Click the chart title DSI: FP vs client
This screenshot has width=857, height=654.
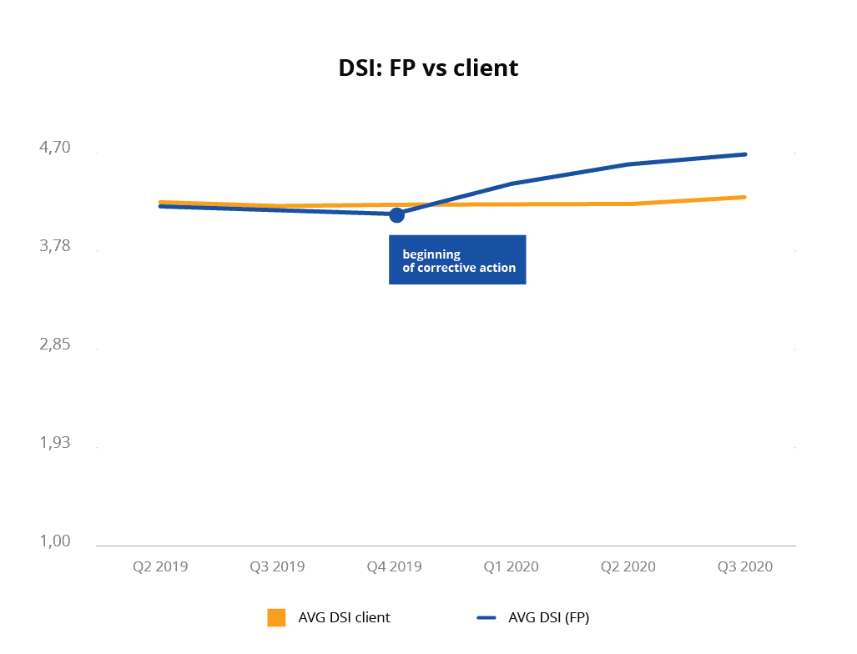tap(428, 68)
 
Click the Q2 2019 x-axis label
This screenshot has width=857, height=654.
tap(160, 566)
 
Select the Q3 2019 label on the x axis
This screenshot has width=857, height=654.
tap(277, 566)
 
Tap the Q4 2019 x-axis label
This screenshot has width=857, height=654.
tap(394, 566)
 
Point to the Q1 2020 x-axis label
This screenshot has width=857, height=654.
tap(512, 566)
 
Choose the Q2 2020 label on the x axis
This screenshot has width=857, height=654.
tap(628, 566)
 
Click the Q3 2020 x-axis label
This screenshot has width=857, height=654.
tap(745, 566)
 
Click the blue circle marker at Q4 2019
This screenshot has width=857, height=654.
tap(396, 214)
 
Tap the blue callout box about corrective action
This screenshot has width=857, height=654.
tap(457, 260)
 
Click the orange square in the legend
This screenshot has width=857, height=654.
tap(276, 617)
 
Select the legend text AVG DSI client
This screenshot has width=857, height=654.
tap(344, 618)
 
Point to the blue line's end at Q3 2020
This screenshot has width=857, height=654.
tap(745, 154)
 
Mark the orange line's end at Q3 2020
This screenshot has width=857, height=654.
tap(744, 197)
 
